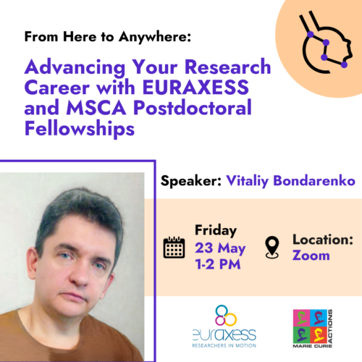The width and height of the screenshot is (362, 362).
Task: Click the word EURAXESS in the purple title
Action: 195,88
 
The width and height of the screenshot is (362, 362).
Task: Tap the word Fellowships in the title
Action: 80,129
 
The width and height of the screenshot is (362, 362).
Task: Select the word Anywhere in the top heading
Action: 155,37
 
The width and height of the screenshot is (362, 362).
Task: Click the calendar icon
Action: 174,248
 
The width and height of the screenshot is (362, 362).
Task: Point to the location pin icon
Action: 272,248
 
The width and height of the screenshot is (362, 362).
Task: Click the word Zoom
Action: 311,256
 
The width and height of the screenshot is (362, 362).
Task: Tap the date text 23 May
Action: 220,248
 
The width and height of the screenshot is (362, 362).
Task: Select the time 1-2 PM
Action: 218,264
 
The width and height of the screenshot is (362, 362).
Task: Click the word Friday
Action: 216,230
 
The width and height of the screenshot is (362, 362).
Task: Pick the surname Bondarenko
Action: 314,180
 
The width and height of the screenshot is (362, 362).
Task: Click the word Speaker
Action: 191,181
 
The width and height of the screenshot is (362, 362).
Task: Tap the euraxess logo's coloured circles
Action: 225,316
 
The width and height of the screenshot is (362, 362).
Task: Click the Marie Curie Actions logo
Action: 313,329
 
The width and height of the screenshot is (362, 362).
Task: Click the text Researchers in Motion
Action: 224,345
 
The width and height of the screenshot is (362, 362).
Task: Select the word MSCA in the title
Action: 96,108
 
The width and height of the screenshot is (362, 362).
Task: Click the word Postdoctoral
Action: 193,108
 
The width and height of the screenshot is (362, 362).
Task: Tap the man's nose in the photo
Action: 79,275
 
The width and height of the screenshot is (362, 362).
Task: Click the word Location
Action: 323,240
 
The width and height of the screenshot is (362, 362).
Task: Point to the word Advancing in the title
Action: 75,67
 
